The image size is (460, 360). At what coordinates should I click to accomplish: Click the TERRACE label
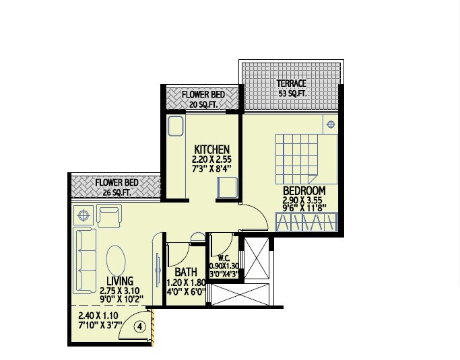coord(292,83)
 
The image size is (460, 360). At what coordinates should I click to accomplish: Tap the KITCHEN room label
coord(212,149)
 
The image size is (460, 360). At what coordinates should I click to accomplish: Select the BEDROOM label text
coord(304,190)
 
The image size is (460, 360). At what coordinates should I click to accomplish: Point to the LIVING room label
coord(120,281)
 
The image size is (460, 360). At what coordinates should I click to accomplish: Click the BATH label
coord(185,273)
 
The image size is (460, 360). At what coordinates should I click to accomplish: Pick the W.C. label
coord(225,258)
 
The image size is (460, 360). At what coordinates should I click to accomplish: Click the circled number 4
coord(139,327)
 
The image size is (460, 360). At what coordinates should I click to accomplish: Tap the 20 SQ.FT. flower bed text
coord(203,104)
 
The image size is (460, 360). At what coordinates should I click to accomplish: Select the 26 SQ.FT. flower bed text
coord(116,192)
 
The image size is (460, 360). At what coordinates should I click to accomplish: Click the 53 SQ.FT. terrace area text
coord(292,94)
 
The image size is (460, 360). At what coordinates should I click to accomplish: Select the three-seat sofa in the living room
coord(84,260)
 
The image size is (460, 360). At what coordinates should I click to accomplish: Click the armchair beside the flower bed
coord(108,215)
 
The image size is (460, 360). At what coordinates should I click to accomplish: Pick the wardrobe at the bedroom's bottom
coord(306,223)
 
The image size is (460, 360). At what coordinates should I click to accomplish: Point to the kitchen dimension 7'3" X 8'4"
coord(212,168)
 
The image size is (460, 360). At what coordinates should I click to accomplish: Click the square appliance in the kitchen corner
coord(226,187)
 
